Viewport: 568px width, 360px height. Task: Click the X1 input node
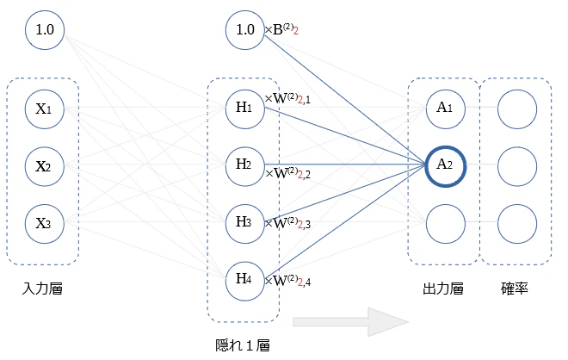45,109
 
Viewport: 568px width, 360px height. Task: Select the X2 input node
45,166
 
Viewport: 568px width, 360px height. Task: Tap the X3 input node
45,224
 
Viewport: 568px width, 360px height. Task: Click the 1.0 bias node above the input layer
45,30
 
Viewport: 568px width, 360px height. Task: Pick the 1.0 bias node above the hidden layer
245,30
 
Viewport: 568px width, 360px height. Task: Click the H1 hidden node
245,109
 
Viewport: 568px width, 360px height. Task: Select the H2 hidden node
245,166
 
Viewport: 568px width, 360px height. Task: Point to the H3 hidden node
245,224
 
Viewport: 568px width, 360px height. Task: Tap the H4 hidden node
245,281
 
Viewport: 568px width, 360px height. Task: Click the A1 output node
446,109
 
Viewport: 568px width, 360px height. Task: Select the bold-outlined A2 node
446,166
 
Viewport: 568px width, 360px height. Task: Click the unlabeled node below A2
446,224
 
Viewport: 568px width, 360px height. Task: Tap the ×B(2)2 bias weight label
281,29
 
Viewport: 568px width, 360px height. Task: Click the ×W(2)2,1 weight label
287,98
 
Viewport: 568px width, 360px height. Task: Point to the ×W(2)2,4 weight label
287,281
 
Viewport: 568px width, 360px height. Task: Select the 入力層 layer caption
42,289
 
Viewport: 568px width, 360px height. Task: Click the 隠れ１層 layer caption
243,345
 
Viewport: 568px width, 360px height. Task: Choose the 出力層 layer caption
443,289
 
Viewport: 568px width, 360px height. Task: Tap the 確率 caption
515,289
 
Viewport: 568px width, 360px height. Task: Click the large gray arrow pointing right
350,322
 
